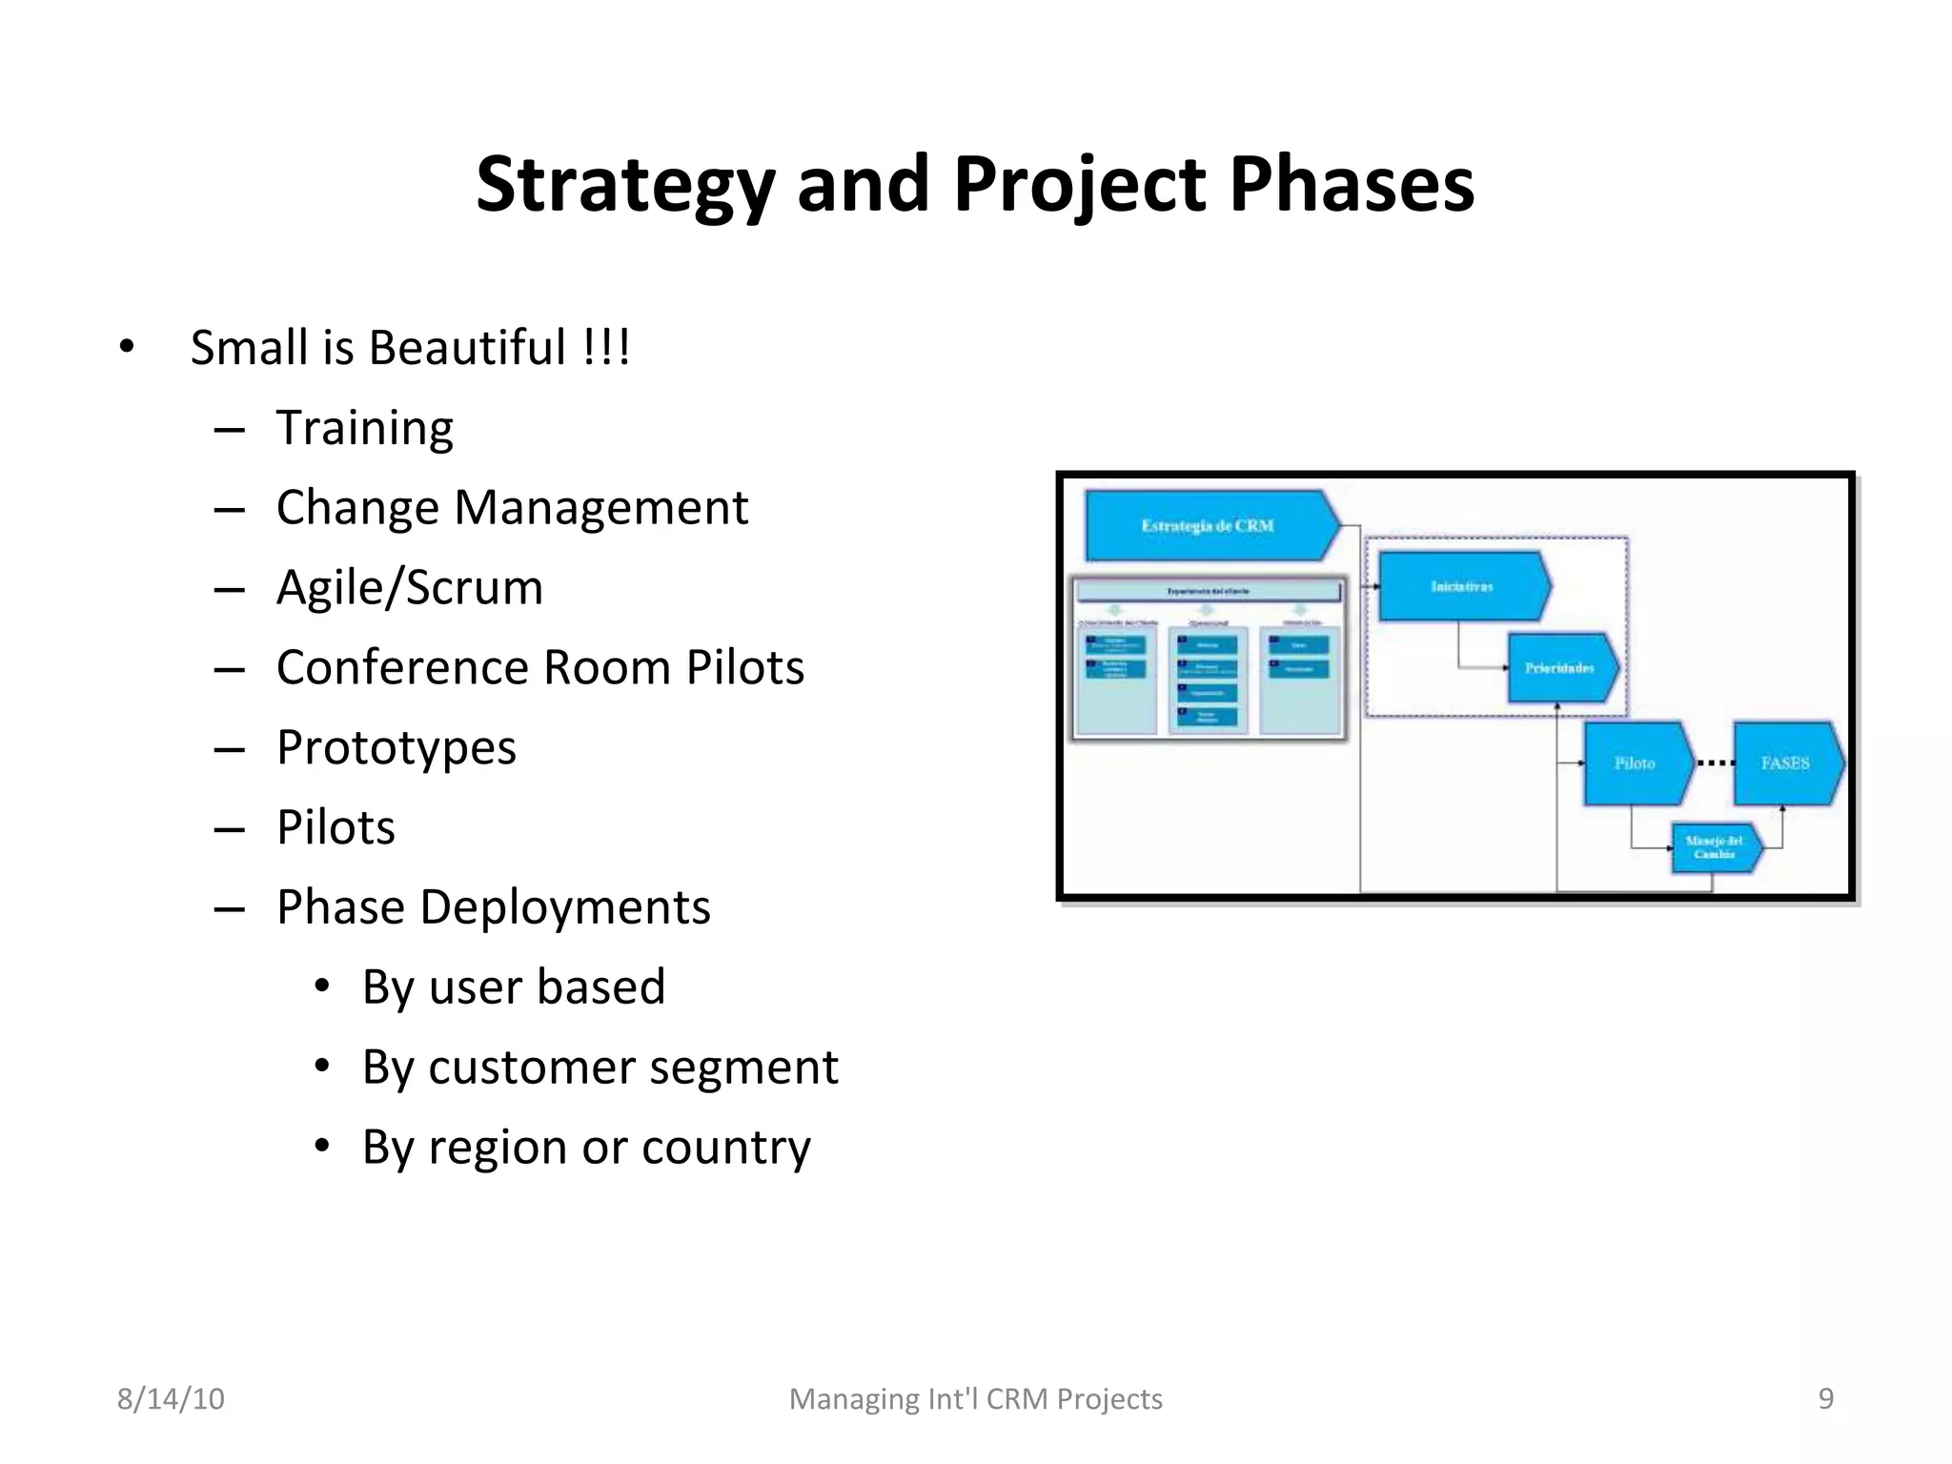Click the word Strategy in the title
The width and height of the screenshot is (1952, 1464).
(x=625, y=184)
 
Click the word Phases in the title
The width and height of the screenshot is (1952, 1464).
(x=1352, y=184)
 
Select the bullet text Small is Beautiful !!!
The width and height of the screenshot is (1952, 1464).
(x=410, y=347)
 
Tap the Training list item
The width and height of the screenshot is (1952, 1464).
(x=364, y=427)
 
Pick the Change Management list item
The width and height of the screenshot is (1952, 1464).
(x=512, y=507)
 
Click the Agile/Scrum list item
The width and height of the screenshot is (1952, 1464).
(x=409, y=587)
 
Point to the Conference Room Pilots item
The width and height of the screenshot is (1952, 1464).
(x=539, y=667)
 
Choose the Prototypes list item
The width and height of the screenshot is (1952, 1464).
(x=396, y=747)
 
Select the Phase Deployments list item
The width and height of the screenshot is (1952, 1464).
(x=493, y=906)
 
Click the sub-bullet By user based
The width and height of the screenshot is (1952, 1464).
(x=513, y=986)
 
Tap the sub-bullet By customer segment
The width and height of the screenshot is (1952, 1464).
(x=600, y=1067)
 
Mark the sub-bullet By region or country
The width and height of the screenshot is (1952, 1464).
(x=585, y=1147)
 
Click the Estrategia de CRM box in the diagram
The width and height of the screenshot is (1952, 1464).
(x=1207, y=525)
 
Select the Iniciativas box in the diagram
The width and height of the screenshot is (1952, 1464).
(x=1461, y=586)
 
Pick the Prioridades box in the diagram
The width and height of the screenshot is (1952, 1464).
(x=1559, y=667)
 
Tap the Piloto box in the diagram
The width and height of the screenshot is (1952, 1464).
(x=1635, y=762)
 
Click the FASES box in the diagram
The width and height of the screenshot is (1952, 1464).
(x=1784, y=762)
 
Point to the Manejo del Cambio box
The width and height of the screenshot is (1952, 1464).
(x=1714, y=847)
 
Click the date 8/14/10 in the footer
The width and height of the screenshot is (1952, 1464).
(x=171, y=1398)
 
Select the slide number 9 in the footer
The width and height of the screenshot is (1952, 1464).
(x=1825, y=1398)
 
